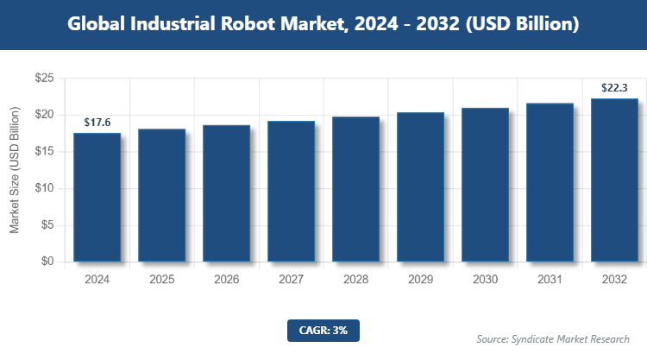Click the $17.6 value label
point(97,123)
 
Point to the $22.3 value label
point(614,88)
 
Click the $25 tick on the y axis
point(45,79)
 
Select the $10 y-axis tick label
point(45,188)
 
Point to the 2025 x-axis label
point(161,280)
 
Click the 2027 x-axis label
point(291,280)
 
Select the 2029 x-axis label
point(420,280)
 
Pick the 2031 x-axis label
point(550,280)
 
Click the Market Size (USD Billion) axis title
point(15,170)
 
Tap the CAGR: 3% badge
point(323,329)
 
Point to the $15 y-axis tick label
point(45,152)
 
